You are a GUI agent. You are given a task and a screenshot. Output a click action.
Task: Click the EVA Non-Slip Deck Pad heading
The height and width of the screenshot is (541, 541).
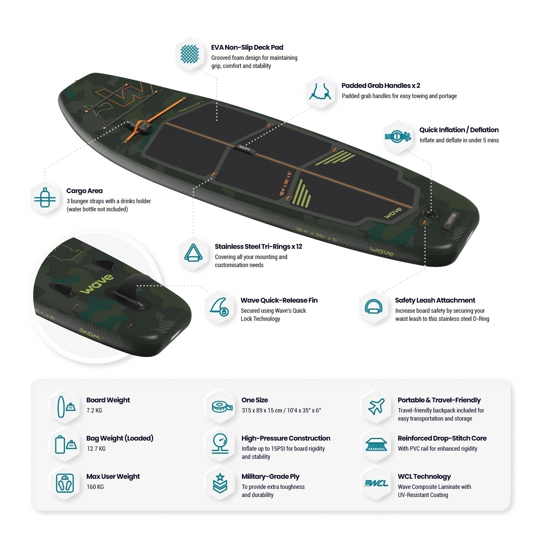pyautogui.click(x=247, y=47)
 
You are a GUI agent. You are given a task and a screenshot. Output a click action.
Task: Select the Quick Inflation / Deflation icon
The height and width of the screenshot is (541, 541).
pyautogui.click(x=398, y=137)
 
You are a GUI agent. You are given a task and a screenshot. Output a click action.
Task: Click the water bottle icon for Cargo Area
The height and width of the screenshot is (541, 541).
pyautogui.click(x=45, y=198)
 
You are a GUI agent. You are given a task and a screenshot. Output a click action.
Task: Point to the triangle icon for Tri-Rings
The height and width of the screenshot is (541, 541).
pyautogui.click(x=193, y=253)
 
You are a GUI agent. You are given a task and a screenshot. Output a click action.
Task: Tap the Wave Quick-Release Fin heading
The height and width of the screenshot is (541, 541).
pyautogui.click(x=279, y=300)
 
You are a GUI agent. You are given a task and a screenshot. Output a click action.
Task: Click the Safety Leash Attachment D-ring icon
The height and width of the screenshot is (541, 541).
pyautogui.click(x=374, y=307)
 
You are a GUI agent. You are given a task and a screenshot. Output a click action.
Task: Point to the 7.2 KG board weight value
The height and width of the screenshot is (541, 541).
pyautogui.click(x=94, y=410)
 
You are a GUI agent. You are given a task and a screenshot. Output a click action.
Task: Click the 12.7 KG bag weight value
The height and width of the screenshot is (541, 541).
pyautogui.click(x=96, y=449)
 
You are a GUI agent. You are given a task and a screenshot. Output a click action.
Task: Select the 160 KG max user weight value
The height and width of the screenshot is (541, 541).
pyautogui.click(x=95, y=487)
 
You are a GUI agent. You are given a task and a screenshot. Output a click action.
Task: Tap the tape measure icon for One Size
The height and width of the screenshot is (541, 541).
pyautogui.click(x=222, y=407)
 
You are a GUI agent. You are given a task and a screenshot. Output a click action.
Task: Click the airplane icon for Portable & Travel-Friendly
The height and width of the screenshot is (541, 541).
pyautogui.click(x=376, y=406)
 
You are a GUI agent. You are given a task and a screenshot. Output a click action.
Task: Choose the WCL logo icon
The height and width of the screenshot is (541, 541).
pyautogui.click(x=376, y=483)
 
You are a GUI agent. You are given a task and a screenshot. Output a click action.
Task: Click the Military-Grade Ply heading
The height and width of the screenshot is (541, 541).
pyautogui.click(x=270, y=476)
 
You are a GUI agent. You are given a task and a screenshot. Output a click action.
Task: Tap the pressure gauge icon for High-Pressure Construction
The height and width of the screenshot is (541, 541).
pyautogui.click(x=220, y=444)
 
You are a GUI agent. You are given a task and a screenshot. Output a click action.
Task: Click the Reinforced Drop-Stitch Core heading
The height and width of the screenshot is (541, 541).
pyautogui.click(x=442, y=438)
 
